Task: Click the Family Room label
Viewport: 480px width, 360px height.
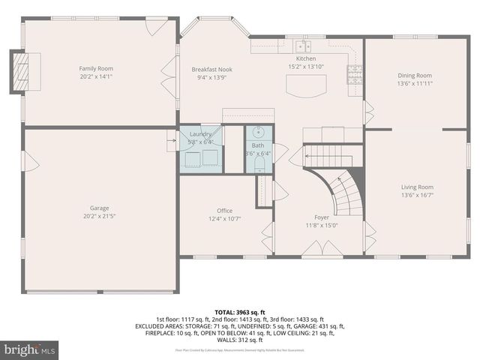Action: [96, 68]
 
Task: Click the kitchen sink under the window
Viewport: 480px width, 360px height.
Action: [302, 46]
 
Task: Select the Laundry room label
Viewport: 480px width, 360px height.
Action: [200, 133]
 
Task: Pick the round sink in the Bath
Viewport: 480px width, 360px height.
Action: [258, 136]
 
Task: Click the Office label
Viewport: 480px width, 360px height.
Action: [225, 211]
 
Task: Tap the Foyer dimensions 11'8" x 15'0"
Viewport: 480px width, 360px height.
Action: [322, 224]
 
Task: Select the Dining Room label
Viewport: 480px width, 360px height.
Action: [415, 75]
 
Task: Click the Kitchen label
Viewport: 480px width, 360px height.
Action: [306, 58]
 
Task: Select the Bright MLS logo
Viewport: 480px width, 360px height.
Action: [30, 349]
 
